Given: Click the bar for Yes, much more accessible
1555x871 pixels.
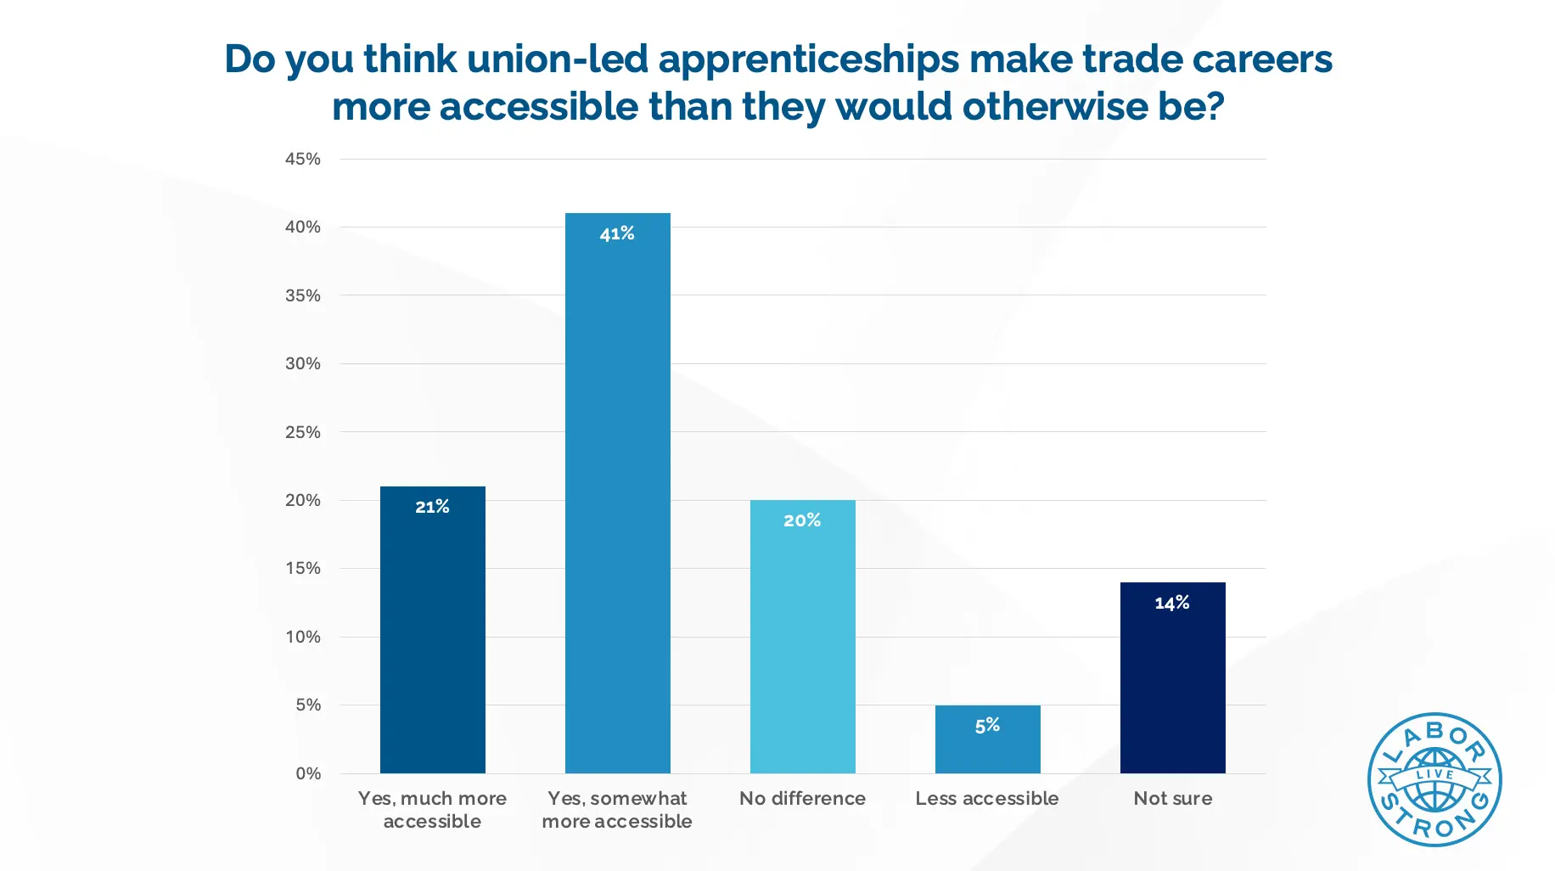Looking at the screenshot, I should [x=432, y=637].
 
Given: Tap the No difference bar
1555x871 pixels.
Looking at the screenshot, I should [x=802, y=645].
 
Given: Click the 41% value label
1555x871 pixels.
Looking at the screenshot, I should [x=617, y=233].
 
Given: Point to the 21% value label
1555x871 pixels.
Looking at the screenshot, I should [x=432, y=507].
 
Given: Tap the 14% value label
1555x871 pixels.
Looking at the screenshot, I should [x=1172, y=603].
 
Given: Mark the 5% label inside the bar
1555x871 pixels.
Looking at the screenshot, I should [x=987, y=726].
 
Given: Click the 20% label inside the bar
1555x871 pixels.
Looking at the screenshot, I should [x=802, y=520].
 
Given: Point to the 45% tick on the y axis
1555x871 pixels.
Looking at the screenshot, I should [x=303, y=159].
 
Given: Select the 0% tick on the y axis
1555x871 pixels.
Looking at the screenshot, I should [x=308, y=773].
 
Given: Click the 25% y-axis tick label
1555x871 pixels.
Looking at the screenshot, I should [x=303, y=432].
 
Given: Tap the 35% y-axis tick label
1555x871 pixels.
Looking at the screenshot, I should [x=303, y=295].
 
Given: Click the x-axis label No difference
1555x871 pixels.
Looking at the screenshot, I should [x=802, y=798].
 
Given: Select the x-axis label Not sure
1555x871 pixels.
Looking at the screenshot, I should [x=1172, y=798].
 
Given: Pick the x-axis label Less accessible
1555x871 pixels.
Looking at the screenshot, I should [x=987, y=798].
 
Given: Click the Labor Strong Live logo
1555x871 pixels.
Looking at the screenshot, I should [x=1434, y=779].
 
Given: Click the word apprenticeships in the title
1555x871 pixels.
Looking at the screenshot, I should [x=808, y=59].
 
